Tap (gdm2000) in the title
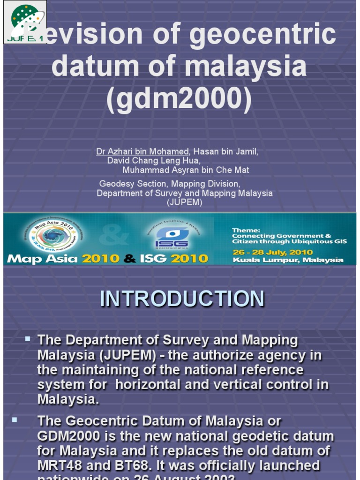pos(179,98)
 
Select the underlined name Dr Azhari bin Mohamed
pos(143,151)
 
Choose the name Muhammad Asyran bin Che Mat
pos(186,170)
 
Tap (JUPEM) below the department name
pos(185,202)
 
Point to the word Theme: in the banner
pos(246,230)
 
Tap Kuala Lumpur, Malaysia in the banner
pos(288,260)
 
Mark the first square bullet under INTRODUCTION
pos(28,338)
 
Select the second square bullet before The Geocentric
pos(15,420)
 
